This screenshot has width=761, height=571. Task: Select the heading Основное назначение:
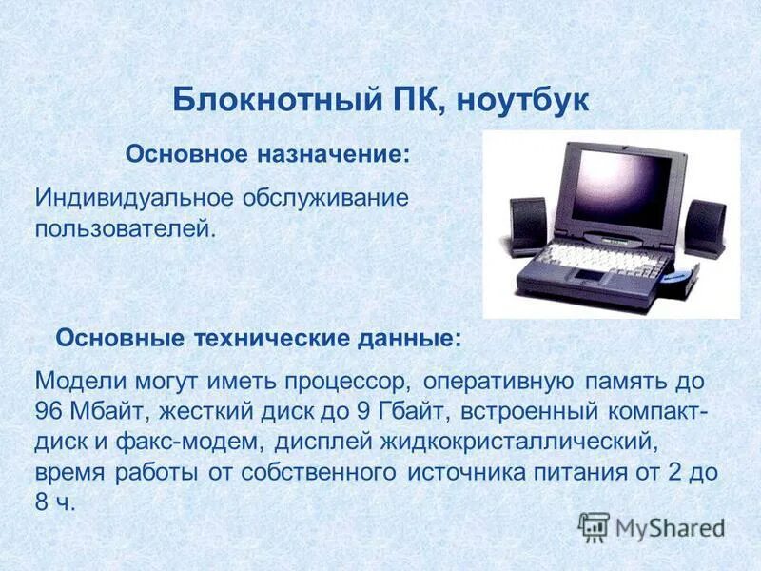(269, 154)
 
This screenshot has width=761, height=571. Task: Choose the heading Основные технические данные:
(260, 338)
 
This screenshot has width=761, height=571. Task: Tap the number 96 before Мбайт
(49, 412)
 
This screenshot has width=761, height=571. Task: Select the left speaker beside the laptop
(528, 226)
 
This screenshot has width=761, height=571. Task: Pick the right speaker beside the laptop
(707, 227)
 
